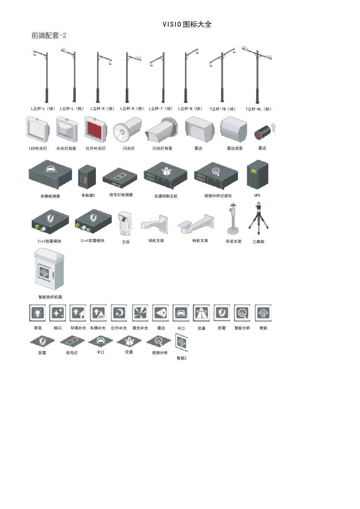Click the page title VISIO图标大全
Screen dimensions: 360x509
point(187,24)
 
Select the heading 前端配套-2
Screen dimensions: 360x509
point(49,36)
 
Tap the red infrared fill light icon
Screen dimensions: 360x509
point(95,129)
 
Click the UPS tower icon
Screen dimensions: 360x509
point(257,175)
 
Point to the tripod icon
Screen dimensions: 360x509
point(258,218)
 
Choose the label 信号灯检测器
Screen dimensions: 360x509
point(121,195)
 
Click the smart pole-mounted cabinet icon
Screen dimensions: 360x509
point(49,269)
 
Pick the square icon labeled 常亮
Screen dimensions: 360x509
point(38,313)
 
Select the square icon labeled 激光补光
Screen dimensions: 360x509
point(140,313)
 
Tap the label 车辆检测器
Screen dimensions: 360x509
point(50,196)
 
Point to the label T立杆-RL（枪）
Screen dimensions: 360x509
point(258,109)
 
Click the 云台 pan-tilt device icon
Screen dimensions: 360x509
point(125,223)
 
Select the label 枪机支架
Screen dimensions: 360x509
point(200,240)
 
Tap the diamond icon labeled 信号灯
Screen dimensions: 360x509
point(72,341)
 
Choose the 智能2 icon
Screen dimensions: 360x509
point(181,343)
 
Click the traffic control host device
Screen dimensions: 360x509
point(166,175)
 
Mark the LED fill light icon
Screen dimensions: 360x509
point(38,130)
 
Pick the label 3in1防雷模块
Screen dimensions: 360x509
point(92,240)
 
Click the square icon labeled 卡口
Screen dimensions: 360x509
point(181,313)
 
